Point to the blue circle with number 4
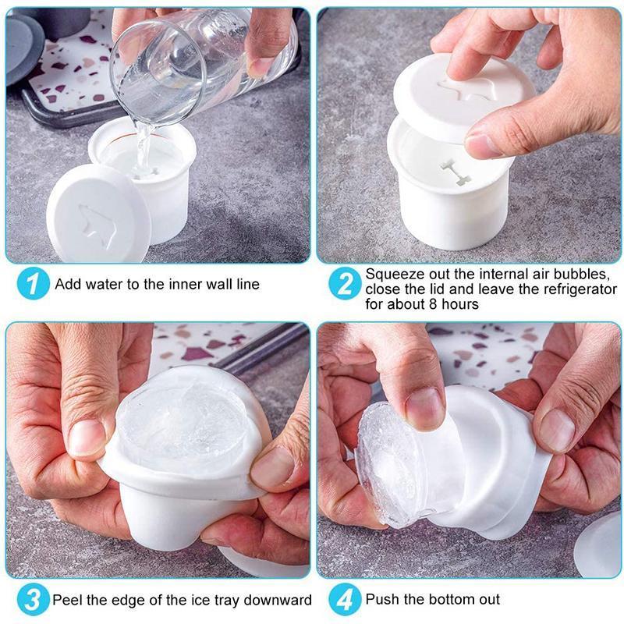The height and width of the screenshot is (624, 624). point(344,601)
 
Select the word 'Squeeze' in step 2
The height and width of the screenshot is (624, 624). point(392,275)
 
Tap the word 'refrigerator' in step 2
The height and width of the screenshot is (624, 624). point(577,289)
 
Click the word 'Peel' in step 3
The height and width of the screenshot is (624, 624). point(68,601)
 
